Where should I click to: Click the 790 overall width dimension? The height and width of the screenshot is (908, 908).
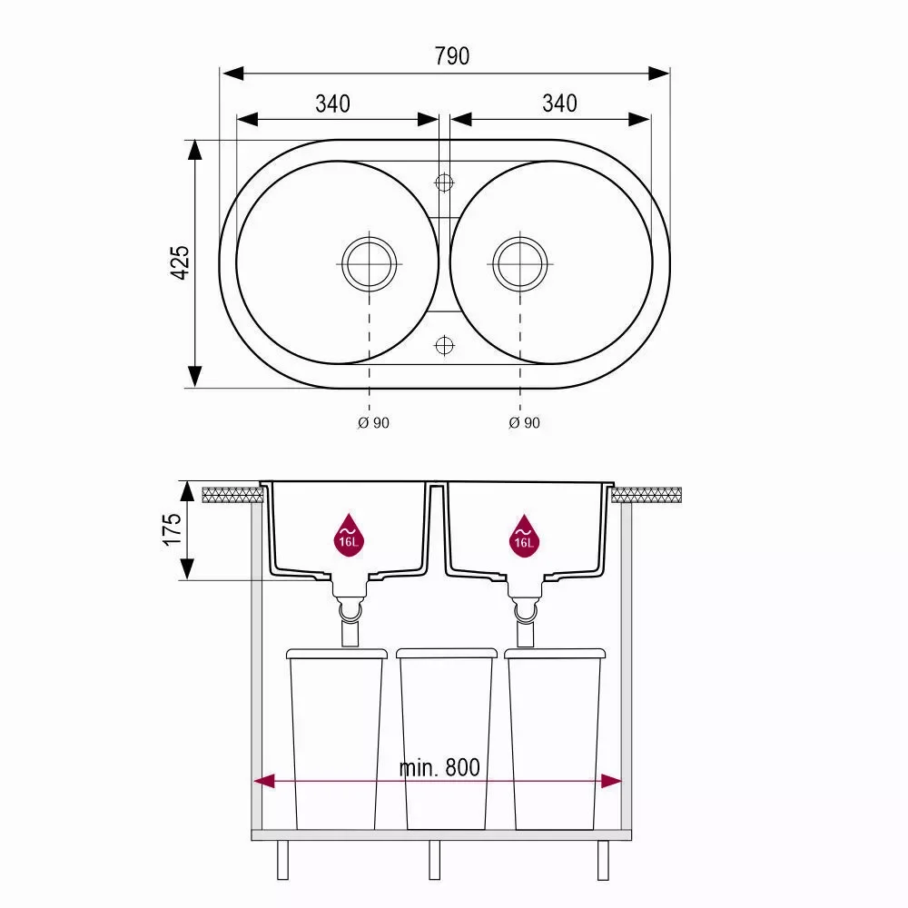451,56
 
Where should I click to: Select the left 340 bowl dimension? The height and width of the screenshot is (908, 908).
333,104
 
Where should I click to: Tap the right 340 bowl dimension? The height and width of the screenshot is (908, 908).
559,104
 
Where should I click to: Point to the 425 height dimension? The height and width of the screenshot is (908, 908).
181,263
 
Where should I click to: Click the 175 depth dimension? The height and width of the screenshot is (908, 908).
172,529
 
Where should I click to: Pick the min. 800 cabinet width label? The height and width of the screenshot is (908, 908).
439,768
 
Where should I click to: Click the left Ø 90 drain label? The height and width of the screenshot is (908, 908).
373,423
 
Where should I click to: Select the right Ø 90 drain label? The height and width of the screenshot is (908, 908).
524,423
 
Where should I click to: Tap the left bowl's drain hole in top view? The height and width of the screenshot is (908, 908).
369,264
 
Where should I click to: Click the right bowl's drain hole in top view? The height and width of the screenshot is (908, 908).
520,264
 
